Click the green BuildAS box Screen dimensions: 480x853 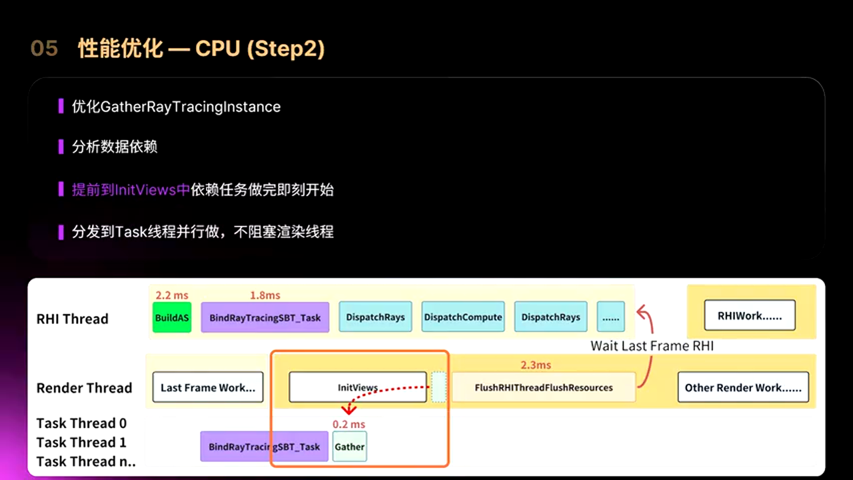tap(172, 318)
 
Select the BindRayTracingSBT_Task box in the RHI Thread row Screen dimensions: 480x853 tap(265, 318)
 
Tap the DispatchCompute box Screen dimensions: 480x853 tap(463, 317)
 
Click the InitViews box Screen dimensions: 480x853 tap(358, 387)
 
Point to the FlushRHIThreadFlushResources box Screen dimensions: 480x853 tap(544, 387)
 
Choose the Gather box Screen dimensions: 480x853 tap(350, 447)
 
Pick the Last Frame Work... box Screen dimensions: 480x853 tap(208, 387)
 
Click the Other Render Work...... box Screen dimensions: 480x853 tap(743, 387)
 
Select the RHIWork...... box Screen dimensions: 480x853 tap(750, 316)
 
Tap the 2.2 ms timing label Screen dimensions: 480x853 tap(172, 295)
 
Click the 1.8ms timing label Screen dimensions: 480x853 tap(265, 295)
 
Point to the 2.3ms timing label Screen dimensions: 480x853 tap(536, 365)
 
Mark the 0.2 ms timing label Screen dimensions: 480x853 tap(349, 424)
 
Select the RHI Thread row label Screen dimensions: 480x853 tap(72, 319)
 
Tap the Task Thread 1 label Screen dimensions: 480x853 tap(81, 442)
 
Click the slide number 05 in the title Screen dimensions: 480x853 tap(44, 49)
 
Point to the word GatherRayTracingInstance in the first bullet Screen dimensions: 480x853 tap(191, 107)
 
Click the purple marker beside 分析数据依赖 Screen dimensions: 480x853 tap(61, 147)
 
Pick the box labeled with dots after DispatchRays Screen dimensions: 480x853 tap(610, 317)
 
